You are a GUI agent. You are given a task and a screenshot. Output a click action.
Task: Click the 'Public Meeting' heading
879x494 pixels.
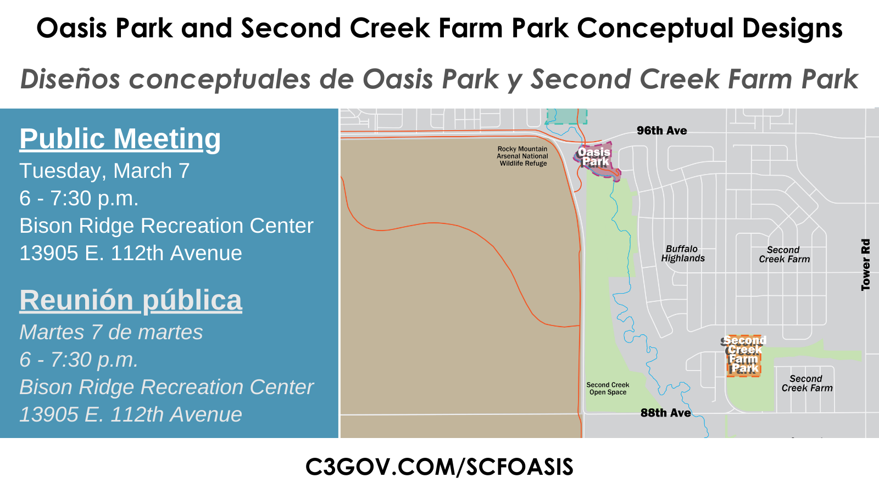(120, 139)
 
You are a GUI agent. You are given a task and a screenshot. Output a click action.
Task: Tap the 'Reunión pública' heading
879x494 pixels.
(131, 300)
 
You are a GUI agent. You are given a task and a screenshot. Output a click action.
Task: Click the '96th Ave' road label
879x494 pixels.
(661, 131)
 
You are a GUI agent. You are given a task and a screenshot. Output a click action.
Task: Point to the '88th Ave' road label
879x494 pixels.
(665, 413)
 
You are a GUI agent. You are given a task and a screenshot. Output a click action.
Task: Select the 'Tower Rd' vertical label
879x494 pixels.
(866, 265)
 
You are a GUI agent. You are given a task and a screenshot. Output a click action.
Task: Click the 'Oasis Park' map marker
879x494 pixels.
(596, 159)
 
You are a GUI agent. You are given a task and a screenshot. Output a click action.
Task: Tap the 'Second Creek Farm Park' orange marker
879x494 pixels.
(744, 355)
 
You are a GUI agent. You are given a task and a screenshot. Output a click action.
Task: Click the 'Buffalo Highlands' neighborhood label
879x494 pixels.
(682, 254)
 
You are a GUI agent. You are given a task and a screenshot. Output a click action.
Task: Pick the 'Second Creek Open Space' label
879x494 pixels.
(608, 389)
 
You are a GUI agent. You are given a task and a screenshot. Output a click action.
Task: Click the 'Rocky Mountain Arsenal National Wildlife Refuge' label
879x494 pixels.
(522, 156)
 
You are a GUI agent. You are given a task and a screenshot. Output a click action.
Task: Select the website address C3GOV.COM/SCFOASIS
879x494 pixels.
(439, 467)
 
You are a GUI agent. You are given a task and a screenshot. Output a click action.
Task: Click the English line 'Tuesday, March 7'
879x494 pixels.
(104, 171)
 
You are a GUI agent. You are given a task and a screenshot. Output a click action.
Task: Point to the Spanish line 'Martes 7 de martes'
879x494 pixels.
(111, 333)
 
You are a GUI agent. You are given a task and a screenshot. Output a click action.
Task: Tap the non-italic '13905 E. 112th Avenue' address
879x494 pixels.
(131, 254)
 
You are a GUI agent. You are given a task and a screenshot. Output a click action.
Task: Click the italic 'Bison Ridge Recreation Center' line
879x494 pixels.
(166, 388)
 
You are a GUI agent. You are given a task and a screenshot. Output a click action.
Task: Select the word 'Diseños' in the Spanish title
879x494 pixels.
(70, 80)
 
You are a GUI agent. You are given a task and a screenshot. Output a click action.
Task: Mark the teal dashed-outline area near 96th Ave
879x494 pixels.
(566, 116)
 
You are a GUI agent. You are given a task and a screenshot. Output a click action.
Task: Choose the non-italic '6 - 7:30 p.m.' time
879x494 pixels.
(79, 199)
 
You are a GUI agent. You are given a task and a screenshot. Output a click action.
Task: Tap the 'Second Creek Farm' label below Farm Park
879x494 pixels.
(806, 383)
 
